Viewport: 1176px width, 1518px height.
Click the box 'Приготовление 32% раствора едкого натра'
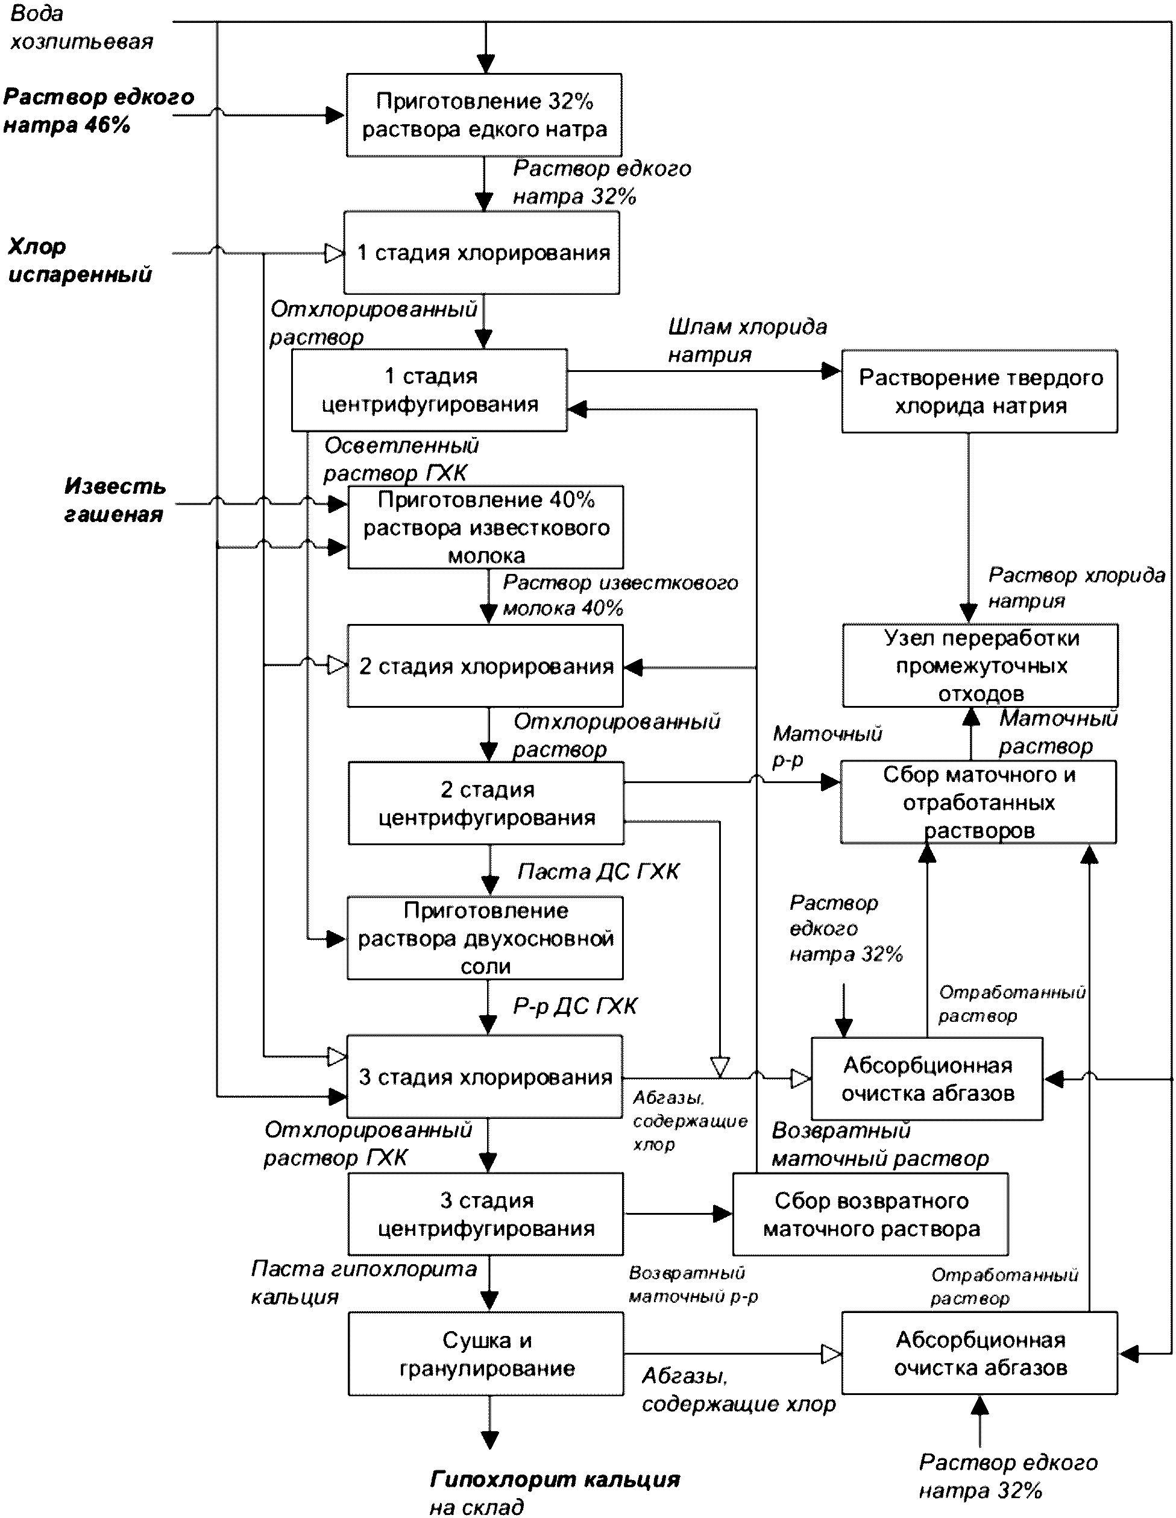pyautogui.click(x=485, y=115)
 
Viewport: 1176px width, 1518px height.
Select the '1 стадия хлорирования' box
pyautogui.click(x=482, y=253)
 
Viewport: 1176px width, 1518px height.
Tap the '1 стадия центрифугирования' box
pyautogui.click(x=430, y=391)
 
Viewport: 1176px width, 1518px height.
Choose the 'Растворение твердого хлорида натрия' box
pyautogui.click(x=980, y=391)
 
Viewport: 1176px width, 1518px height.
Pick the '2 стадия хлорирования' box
pyautogui.click(x=485, y=666)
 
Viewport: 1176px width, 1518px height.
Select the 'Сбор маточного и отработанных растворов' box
pyautogui.click(x=979, y=802)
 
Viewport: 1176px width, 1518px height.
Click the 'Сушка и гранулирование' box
pyautogui.click(x=486, y=1353)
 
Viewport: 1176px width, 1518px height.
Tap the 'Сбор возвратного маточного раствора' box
pyautogui.click(x=871, y=1214)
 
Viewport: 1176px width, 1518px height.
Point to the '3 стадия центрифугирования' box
pyautogui.click(x=486, y=1214)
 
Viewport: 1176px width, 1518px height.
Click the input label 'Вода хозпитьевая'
pyautogui.click(x=81, y=28)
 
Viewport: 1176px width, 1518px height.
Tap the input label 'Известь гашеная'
pyautogui.click(x=115, y=500)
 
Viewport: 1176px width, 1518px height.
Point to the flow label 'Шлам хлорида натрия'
pyautogui.click(x=747, y=341)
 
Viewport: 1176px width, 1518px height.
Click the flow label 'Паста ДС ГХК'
pyautogui.click(x=599, y=872)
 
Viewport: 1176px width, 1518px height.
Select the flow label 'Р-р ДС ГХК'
pyautogui.click(x=576, y=1006)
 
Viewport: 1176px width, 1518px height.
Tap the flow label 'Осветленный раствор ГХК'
pyautogui.click(x=401, y=459)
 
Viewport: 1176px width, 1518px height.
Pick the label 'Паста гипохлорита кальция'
pyautogui.click(x=363, y=1283)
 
